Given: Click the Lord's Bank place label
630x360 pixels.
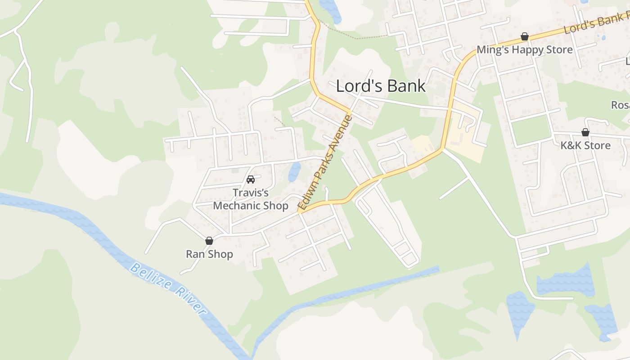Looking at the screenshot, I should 381,86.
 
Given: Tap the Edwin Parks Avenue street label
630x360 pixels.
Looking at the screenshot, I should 325,163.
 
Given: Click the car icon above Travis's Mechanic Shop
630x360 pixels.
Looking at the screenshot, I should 251,180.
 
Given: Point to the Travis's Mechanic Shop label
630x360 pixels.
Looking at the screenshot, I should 251,199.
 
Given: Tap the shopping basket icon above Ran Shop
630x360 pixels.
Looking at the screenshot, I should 209,241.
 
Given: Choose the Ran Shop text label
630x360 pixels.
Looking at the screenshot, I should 209,254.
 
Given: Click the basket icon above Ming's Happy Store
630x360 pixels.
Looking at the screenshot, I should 524,36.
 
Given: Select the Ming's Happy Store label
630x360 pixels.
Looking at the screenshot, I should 524,49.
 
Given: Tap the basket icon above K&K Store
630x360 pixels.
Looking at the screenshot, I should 585,132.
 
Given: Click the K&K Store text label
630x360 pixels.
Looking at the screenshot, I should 585,145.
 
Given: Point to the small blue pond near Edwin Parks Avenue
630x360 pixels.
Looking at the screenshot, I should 294,171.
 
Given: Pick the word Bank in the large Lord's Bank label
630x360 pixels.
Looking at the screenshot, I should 405,86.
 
